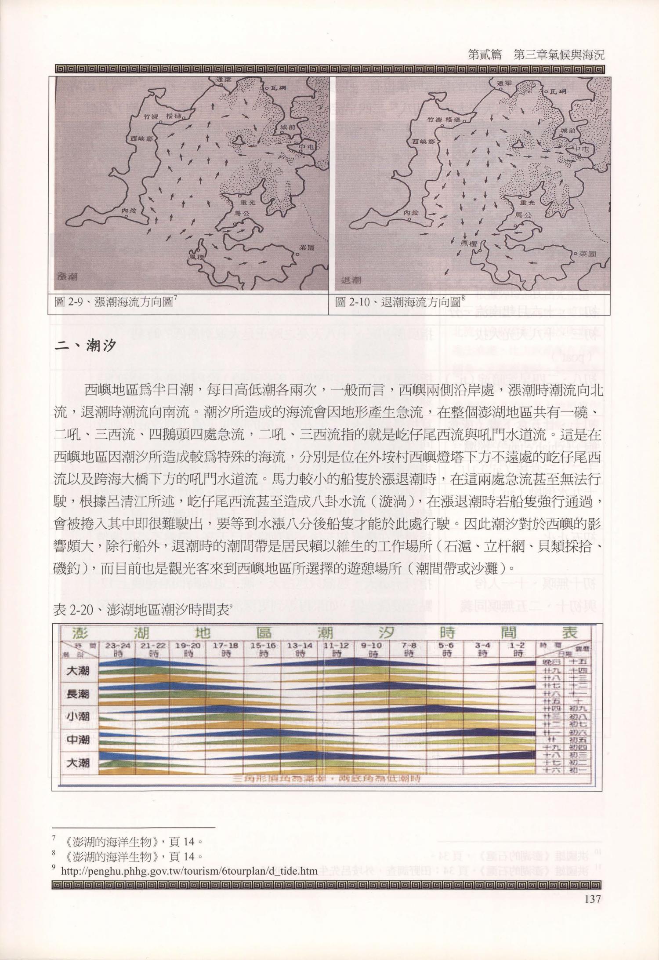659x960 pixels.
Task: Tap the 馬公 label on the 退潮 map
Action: (523, 215)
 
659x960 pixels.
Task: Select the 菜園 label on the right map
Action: (587, 254)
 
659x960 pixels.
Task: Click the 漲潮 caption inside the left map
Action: (68, 277)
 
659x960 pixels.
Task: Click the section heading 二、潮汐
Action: (85, 346)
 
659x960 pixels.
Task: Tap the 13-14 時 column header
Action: (300, 649)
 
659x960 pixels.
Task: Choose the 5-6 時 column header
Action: (446, 649)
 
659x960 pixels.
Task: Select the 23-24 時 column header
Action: (118, 649)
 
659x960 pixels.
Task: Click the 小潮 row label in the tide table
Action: (78, 716)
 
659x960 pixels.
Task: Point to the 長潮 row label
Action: (78, 694)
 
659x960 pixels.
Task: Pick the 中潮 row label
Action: (78, 740)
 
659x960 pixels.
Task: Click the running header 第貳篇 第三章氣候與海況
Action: (536, 55)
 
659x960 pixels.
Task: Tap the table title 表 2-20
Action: (141, 610)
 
